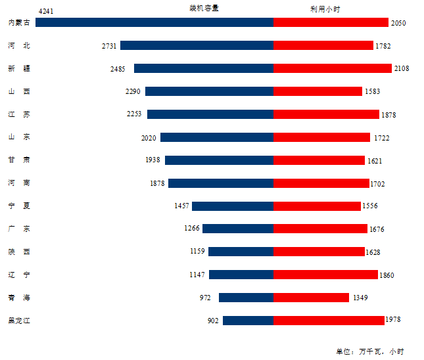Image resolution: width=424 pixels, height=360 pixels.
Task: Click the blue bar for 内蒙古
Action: [154, 22]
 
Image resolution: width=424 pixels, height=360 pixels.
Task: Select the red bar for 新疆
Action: [332, 68]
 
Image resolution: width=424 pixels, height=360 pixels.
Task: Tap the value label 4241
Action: [47, 11]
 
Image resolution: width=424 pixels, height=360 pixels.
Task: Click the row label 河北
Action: [18, 45]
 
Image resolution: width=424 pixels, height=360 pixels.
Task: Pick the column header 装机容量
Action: [204, 9]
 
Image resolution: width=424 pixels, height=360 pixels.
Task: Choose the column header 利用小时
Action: [325, 9]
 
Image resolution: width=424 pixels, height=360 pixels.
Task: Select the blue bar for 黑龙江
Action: [248, 321]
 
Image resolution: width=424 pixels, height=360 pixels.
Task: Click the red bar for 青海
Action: [311, 298]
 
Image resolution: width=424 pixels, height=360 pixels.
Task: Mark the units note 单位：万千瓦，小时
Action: [370, 351]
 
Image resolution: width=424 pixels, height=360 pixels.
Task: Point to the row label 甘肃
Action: [18, 160]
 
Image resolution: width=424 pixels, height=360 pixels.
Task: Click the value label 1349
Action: [360, 298]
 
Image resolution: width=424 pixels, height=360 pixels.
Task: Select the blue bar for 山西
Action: [209, 91]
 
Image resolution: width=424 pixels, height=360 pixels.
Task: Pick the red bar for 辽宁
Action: [325, 275]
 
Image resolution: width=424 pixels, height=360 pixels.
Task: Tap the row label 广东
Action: [18, 229]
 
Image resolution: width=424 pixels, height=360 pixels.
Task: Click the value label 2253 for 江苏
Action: [134, 114]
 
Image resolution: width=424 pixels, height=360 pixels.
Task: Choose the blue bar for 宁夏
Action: [233, 206]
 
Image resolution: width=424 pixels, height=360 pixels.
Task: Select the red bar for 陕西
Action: [319, 252]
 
